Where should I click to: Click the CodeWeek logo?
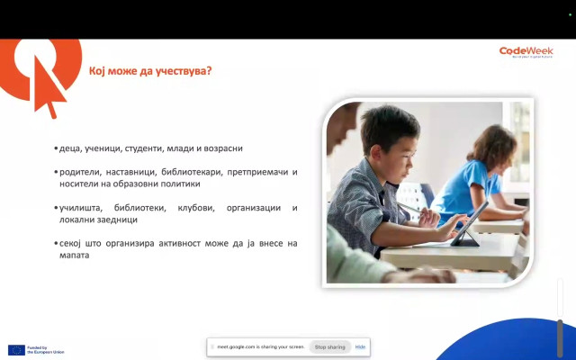pyautogui.click(x=526, y=52)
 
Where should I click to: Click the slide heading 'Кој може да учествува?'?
pyautogui.click(x=149, y=71)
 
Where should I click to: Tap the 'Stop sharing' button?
pyautogui.click(x=329, y=346)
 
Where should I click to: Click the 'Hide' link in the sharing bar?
pyautogui.click(x=360, y=346)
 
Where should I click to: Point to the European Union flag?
pyautogui.click(x=16, y=349)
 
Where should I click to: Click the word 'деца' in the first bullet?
pyautogui.click(x=71, y=148)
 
